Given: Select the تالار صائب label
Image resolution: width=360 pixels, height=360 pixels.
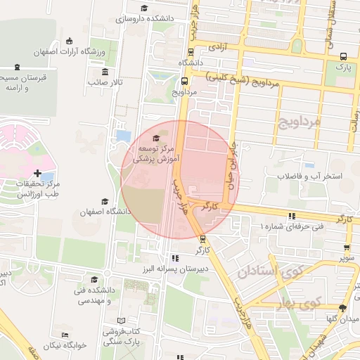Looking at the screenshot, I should click(105, 82).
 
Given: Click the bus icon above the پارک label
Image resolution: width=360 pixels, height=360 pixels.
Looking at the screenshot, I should click(342, 56).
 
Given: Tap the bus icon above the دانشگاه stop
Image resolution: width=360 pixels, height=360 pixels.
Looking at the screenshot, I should click(191, 51).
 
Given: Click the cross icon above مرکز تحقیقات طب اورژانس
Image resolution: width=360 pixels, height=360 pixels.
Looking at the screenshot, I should click(37, 173).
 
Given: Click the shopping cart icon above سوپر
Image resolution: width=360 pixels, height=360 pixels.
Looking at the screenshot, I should click(347, 247).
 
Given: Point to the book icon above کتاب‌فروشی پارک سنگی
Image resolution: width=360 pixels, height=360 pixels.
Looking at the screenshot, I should click(120, 320).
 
